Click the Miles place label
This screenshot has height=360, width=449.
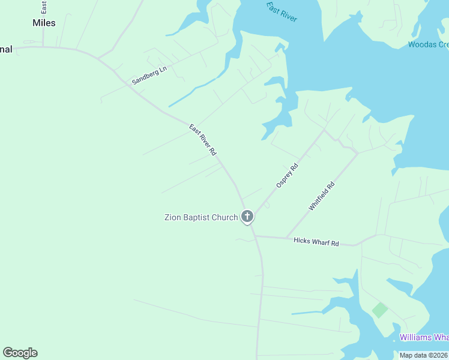[44, 23]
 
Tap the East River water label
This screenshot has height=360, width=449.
[282, 11]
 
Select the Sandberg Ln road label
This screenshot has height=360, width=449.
[149, 75]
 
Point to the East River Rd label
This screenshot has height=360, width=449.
[202, 140]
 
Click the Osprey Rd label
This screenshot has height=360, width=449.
[287, 176]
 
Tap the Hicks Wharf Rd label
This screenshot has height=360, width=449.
[316, 242]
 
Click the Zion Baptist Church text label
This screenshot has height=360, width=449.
[201, 217]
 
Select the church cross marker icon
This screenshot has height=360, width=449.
[247, 217]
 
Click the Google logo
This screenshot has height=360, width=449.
[20, 353]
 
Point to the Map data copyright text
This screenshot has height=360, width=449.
[424, 355]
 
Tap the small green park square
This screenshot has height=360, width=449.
[379, 310]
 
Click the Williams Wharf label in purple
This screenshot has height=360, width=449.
[424, 337]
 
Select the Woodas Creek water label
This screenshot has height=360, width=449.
[428, 44]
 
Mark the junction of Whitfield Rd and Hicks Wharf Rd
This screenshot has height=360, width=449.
[286, 238]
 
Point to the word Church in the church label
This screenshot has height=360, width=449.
[224, 217]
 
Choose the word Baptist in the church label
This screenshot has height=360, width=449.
[197, 217]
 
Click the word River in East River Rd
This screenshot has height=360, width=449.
[202, 139]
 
